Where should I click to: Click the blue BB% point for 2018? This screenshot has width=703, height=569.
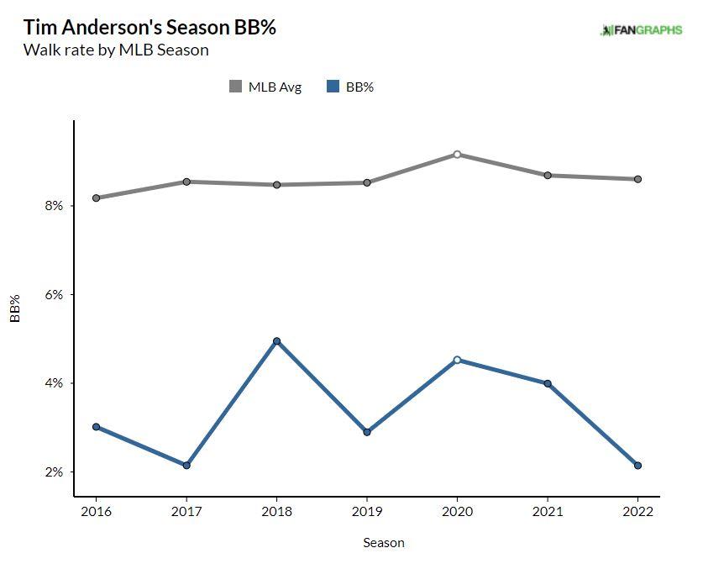(x=276, y=341)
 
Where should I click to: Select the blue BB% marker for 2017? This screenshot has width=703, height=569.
(x=186, y=465)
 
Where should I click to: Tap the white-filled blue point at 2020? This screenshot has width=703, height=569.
(x=457, y=360)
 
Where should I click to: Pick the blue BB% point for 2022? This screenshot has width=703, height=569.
(x=637, y=465)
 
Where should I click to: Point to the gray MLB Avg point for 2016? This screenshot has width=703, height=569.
(x=96, y=198)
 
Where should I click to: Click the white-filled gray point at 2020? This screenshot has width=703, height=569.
(x=457, y=155)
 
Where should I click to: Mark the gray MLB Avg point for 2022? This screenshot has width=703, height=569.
(x=637, y=179)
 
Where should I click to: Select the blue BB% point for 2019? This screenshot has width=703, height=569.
(x=367, y=432)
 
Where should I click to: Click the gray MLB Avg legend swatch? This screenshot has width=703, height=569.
(x=235, y=87)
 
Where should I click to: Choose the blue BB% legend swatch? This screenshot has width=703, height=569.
(x=333, y=87)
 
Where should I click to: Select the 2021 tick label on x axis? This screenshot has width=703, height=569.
(x=548, y=510)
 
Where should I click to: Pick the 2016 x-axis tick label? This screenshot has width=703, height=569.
(x=96, y=510)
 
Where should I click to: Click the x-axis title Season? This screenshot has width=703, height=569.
(x=384, y=543)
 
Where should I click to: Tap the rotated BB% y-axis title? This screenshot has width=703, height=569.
(x=15, y=308)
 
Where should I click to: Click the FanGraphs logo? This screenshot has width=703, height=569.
(x=642, y=30)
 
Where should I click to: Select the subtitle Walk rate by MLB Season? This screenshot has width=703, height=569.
(x=116, y=50)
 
